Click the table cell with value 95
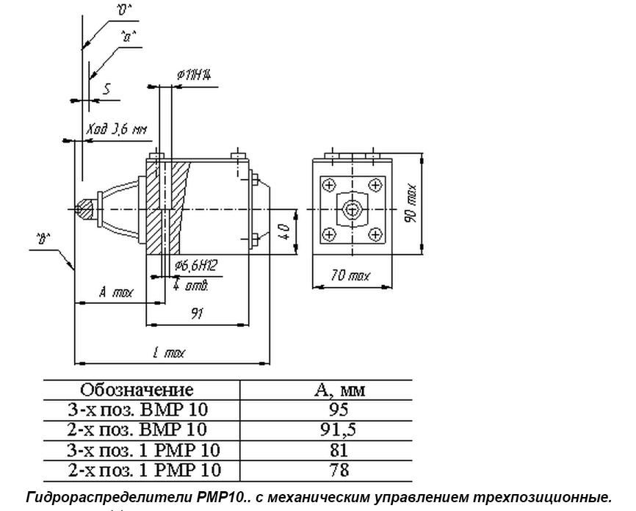(339, 410)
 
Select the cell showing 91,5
(339, 429)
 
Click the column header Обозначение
(137, 389)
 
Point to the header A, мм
(339, 390)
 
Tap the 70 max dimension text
(350, 276)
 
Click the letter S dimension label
(107, 89)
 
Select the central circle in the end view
(353, 209)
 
